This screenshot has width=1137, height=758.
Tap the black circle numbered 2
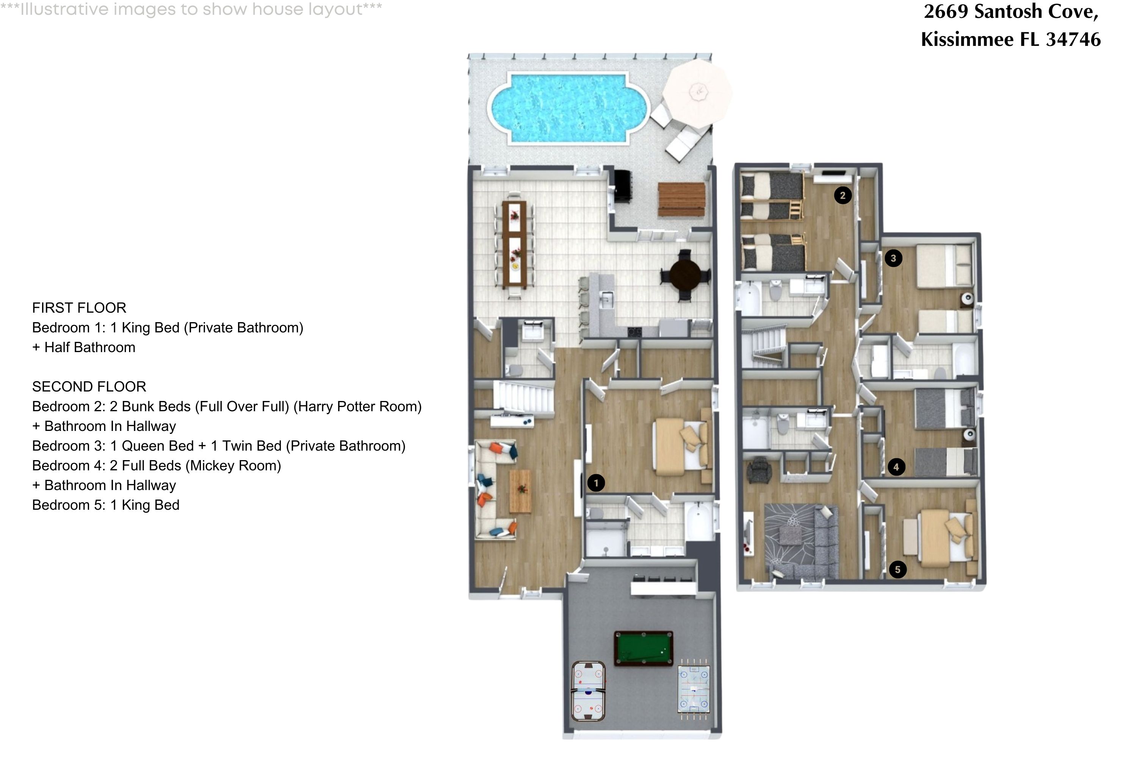(x=843, y=195)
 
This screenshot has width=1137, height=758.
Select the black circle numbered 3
(x=893, y=258)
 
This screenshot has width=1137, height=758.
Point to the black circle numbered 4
(x=896, y=467)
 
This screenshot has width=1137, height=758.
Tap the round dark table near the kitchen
(x=685, y=275)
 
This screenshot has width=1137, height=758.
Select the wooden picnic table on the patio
(x=681, y=199)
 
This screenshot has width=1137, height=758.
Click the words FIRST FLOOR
(x=79, y=308)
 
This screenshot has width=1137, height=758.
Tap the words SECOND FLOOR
(x=89, y=387)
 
